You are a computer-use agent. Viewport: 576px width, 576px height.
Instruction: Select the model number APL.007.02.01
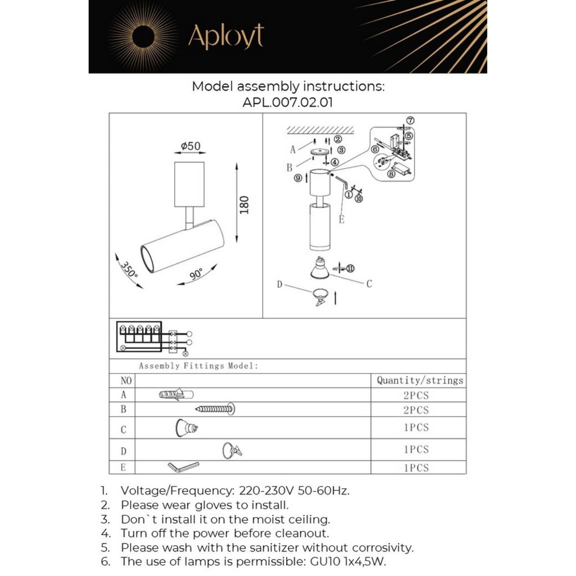coord(288,102)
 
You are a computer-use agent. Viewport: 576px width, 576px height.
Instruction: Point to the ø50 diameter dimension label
coord(190,146)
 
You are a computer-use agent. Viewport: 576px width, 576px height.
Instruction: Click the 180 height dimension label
coord(244,205)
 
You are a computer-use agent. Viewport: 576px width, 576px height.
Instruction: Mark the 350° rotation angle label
coord(129,270)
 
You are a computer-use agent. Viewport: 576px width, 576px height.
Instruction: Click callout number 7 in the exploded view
coord(410,121)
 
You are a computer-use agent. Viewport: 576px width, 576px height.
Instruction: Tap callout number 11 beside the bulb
coord(350,269)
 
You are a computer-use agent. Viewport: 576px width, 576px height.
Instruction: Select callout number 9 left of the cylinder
coord(298,178)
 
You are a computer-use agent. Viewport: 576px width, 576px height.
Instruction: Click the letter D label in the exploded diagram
coord(279,284)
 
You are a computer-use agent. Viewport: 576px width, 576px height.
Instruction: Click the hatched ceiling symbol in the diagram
coord(320,130)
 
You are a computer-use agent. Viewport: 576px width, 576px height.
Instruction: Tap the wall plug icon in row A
coord(176,395)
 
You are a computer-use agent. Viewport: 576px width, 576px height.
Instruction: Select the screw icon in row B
coord(216,409)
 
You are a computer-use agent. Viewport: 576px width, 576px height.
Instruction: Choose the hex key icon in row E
coord(183,467)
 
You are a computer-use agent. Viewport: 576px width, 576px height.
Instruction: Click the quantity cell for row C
coord(416,427)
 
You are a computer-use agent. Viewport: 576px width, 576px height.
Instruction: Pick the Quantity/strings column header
coord(419,381)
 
